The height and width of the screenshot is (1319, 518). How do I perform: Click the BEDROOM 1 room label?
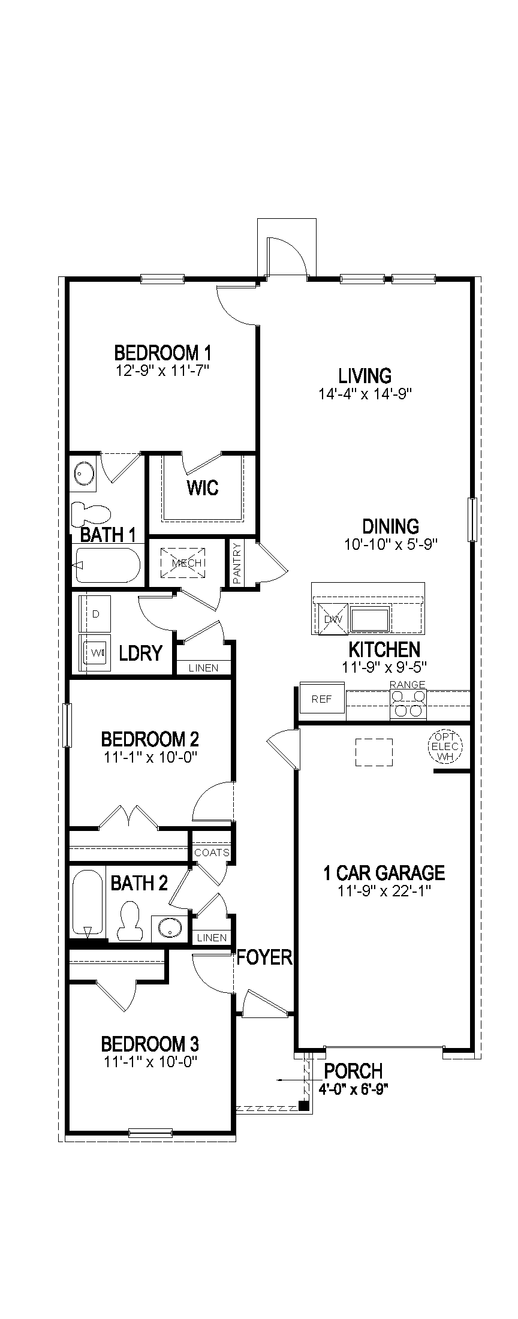[162, 352]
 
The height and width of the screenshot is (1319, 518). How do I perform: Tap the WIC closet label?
[202, 487]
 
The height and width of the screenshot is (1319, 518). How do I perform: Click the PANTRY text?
[237, 563]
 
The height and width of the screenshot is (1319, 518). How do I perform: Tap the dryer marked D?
[96, 614]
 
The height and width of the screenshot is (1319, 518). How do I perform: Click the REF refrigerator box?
[322, 700]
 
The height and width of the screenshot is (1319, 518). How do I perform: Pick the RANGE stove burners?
[408, 704]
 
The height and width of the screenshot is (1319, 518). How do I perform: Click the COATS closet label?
[211, 853]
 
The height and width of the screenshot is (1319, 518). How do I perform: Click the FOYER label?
[264, 957]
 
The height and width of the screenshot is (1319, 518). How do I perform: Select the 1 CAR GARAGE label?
[384, 873]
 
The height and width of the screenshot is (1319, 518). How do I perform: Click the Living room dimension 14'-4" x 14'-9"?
[365, 394]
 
